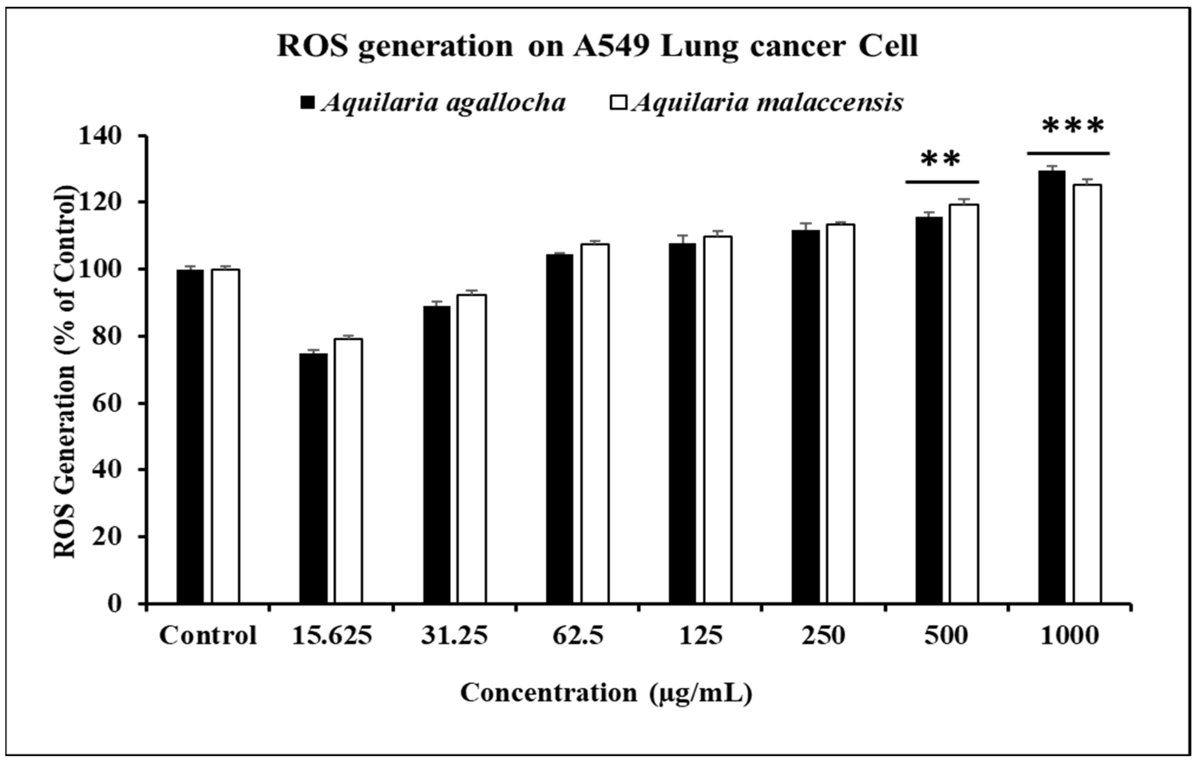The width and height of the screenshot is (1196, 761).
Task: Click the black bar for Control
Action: [190, 437]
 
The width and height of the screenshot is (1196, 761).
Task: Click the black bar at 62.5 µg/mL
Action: [559, 429]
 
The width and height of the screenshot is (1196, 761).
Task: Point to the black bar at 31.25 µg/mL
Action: [436, 455]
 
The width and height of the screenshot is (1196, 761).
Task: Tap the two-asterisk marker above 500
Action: [941, 160]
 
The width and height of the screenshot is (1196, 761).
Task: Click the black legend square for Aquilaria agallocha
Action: [308, 103]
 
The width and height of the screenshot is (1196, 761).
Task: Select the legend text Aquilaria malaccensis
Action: [768, 103]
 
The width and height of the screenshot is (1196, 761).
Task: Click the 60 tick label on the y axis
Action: [107, 403]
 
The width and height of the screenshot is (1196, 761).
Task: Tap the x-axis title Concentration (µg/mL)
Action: [606, 693]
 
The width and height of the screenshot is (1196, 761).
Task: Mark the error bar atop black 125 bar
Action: [682, 239]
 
